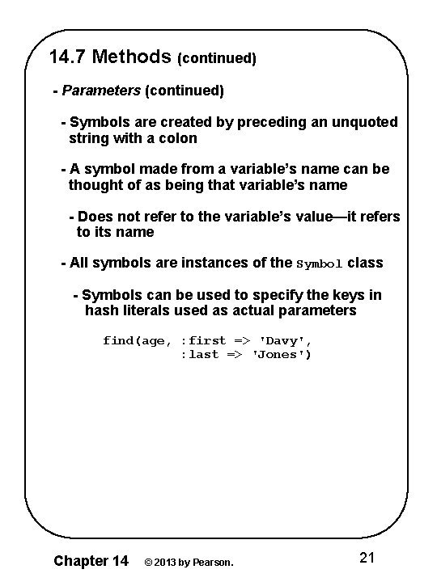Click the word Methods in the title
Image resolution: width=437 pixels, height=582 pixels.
(133, 57)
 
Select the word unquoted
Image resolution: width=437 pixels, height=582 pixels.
(361, 122)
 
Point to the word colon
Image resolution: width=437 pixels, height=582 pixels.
(177, 138)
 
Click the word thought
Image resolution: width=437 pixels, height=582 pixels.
(101, 185)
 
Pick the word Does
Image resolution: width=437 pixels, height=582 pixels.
(95, 217)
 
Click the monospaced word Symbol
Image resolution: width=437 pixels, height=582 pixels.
(320, 264)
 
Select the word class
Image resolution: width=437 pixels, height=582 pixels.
(365, 263)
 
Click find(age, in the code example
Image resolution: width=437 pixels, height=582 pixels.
(137, 341)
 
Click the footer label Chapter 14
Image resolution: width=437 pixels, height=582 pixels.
(90, 559)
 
